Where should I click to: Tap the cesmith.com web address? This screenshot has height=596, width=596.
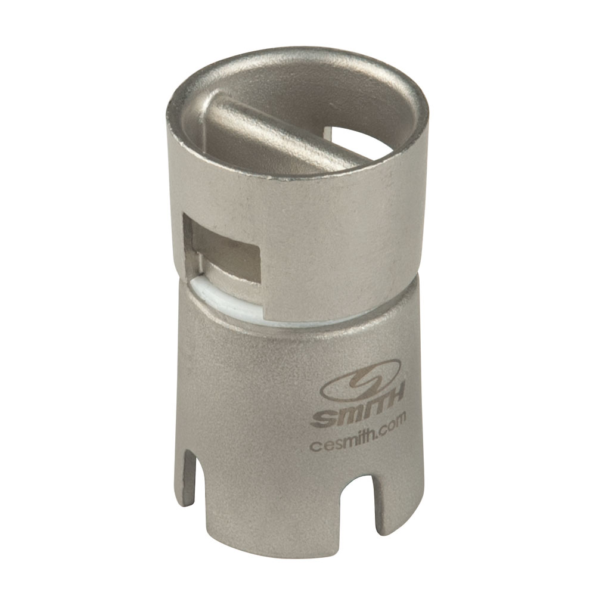point(359,439)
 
